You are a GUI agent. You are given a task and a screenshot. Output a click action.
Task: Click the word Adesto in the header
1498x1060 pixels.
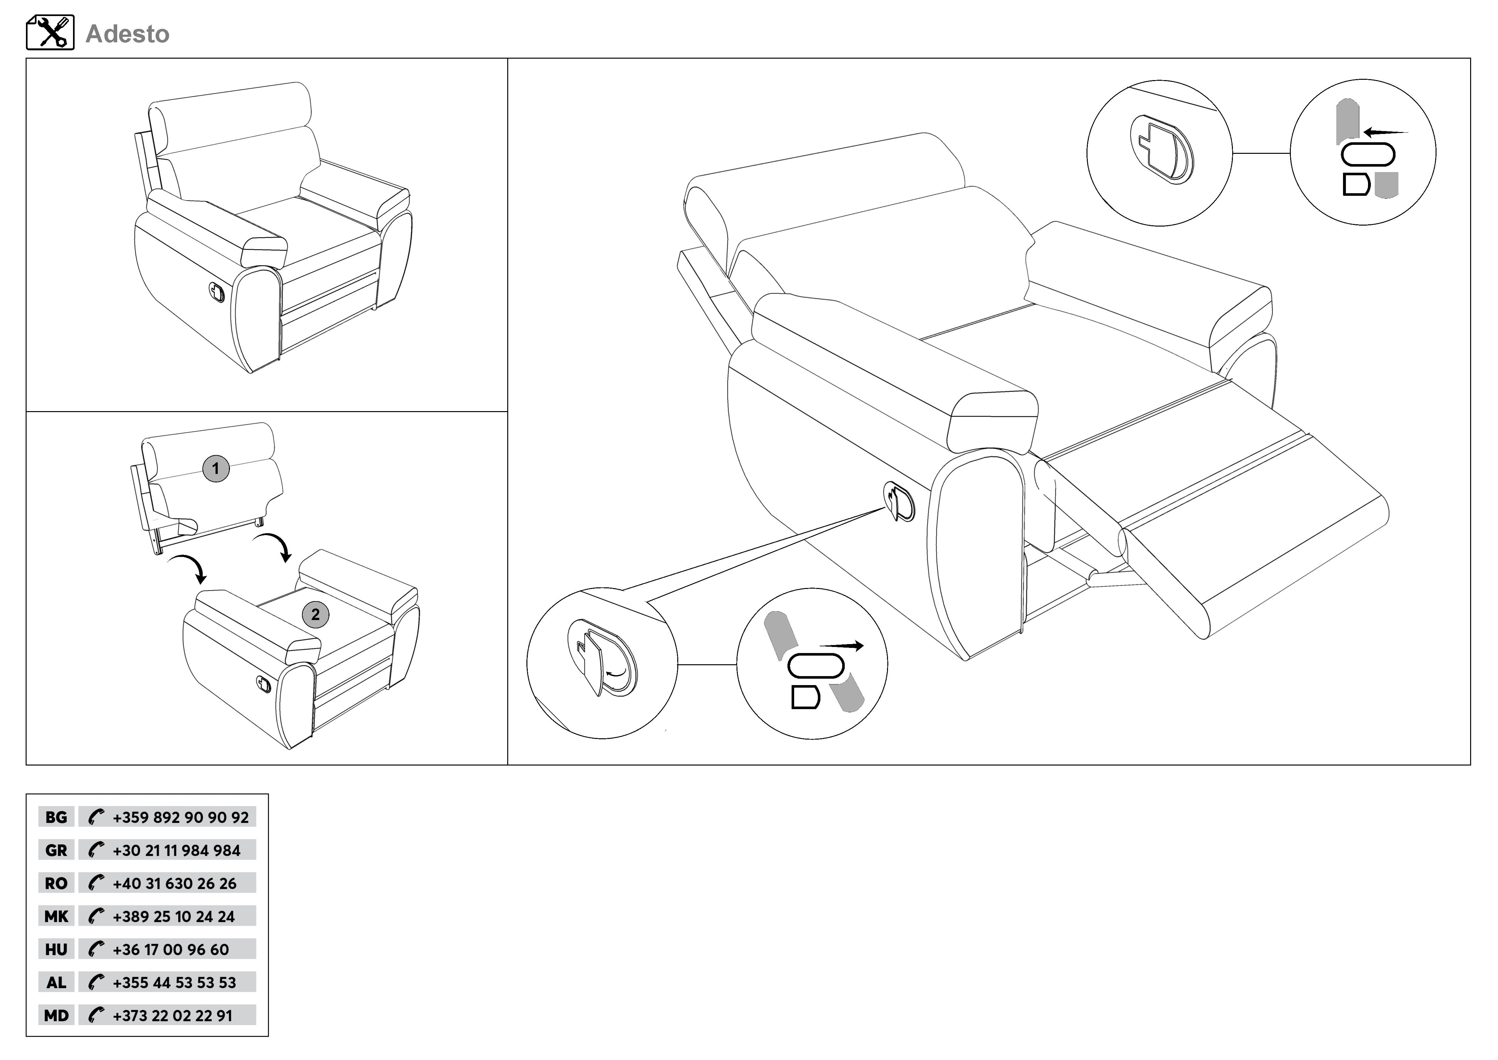click(x=127, y=34)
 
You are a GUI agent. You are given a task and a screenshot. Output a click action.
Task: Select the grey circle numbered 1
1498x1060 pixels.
click(x=216, y=469)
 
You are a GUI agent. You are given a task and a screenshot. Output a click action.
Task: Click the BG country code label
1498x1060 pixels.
click(x=56, y=817)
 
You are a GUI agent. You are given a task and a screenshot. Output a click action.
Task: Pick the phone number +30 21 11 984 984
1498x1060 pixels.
click(x=176, y=850)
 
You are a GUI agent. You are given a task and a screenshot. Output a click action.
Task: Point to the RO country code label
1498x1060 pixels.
click(x=56, y=883)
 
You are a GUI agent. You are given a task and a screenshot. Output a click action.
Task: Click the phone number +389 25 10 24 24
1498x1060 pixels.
click(x=174, y=916)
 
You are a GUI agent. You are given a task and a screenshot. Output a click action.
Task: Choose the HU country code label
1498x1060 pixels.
click(x=56, y=949)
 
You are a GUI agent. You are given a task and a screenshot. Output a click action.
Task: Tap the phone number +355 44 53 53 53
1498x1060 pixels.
click(x=174, y=982)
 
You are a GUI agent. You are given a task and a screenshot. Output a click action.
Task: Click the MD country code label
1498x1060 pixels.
click(x=56, y=1015)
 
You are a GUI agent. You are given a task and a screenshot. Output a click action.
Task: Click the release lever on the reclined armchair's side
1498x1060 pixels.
click(x=899, y=501)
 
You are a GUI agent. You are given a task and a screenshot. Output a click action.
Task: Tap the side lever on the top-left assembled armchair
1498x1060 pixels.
click(x=216, y=293)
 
